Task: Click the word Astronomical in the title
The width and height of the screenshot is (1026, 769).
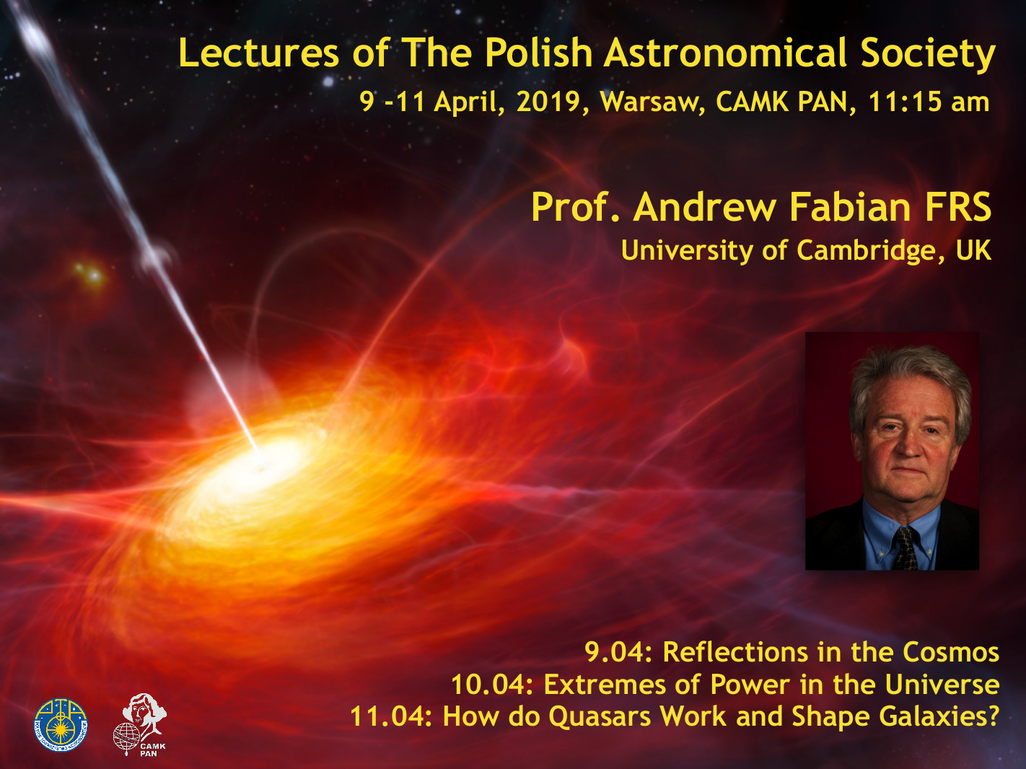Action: tap(725, 53)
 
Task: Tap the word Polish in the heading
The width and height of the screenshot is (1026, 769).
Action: tap(538, 53)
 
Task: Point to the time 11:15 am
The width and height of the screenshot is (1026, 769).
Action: tap(929, 102)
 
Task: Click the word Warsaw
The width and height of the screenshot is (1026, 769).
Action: tap(653, 102)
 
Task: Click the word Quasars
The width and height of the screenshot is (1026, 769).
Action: tap(600, 717)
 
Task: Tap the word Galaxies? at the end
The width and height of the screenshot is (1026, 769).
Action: tap(939, 717)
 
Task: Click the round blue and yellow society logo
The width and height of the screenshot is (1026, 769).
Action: tap(61, 724)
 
